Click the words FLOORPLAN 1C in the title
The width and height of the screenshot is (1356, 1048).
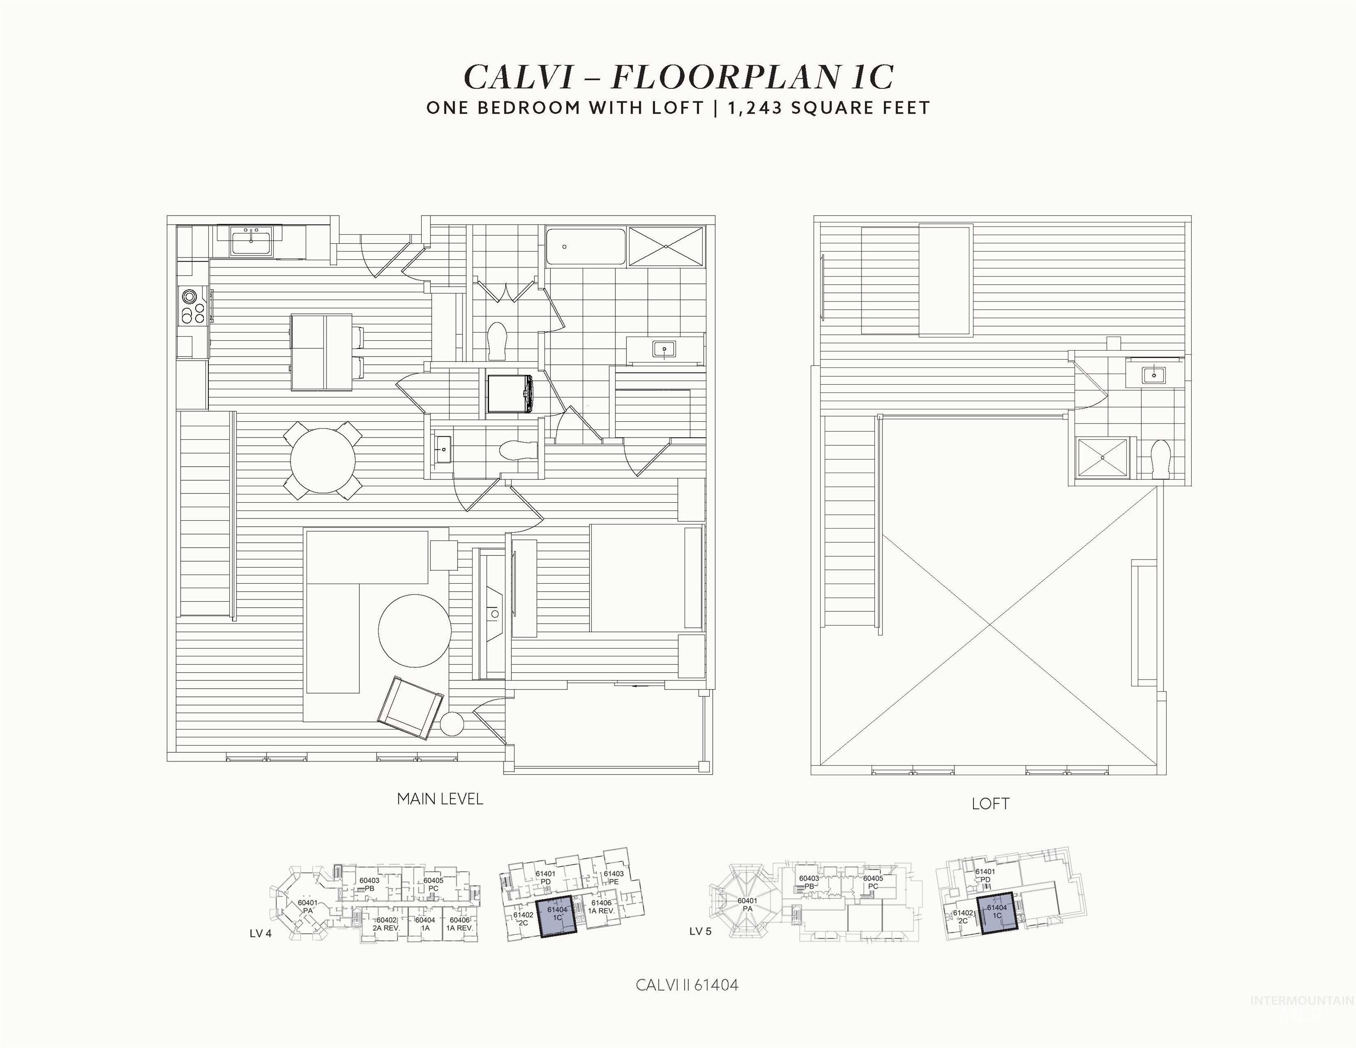pos(752,77)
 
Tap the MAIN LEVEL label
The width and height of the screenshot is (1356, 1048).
pos(439,799)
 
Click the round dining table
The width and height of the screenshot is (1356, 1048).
pos(323,460)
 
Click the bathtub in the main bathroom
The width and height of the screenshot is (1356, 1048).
pos(585,247)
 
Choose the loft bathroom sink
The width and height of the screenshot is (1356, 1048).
pos(1154,374)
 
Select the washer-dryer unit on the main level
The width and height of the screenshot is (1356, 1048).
pos(510,393)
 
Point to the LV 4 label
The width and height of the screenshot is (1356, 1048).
pos(261,933)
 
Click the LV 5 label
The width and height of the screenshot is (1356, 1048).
pos(701,931)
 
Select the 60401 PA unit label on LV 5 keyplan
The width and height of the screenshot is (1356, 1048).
pos(747,905)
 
